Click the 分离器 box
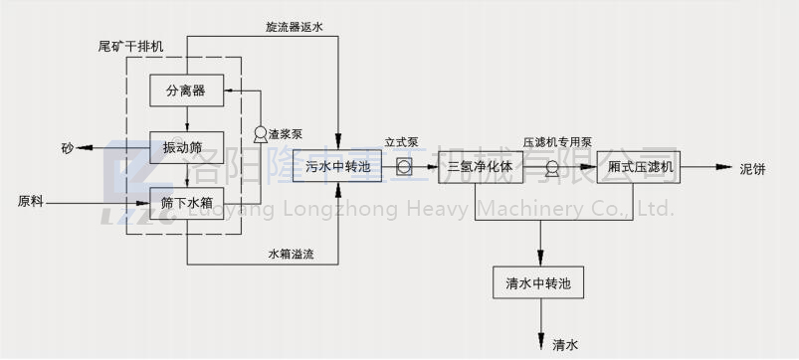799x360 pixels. tap(186, 90)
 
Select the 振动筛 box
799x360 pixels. tap(186, 147)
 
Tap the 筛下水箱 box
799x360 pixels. tap(186, 202)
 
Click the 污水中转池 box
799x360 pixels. tap(338, 167)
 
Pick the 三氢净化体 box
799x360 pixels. tap(481, 167)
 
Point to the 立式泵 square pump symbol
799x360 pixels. tap(404, 167)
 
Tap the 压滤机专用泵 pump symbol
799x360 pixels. tap(552, 167)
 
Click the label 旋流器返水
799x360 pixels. tap(295, 27)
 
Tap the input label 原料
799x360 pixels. tap(31, 202)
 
